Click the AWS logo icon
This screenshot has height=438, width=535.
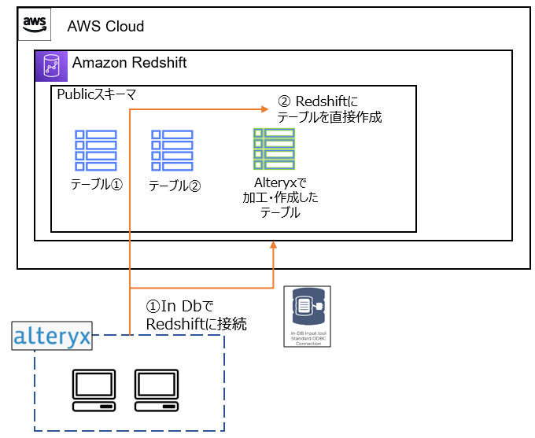pyautogui.click(x=35, y=24)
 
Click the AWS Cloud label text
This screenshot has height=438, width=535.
pyautogui.click(x=105, y=27)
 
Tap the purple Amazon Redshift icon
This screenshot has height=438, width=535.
pyautogui.click(x=51, y=66)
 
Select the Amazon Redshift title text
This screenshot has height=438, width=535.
pyautogui.click(x=130, y=63)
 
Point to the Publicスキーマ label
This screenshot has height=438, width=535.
pyautogui.click(x=97, y=94)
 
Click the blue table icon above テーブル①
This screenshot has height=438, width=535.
pyautogui.click(x=95, y=150)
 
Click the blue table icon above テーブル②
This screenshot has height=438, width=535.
pyautogui.click(x=172, y=150)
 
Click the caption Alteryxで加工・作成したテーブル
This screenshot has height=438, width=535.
pyautogui.click(x=280, y=197)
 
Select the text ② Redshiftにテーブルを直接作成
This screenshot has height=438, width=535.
pyautogui.click(x=330, y=109)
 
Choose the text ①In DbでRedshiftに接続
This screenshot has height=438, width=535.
pyautogui.click(x=197, y=315)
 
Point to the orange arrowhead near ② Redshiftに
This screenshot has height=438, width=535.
pyautogui.click(x=268, y=109)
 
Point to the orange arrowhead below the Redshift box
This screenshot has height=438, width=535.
pyautogui.click(x=273, y=246)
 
